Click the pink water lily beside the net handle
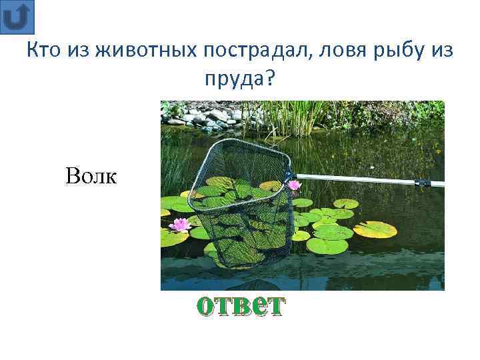coord(294,185)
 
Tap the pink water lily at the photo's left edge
coord(179,225)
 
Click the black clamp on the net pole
coord(421,181)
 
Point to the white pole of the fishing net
coord(360,179)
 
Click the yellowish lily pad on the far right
coord(375,229)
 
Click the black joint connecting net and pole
coord(290,176)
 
